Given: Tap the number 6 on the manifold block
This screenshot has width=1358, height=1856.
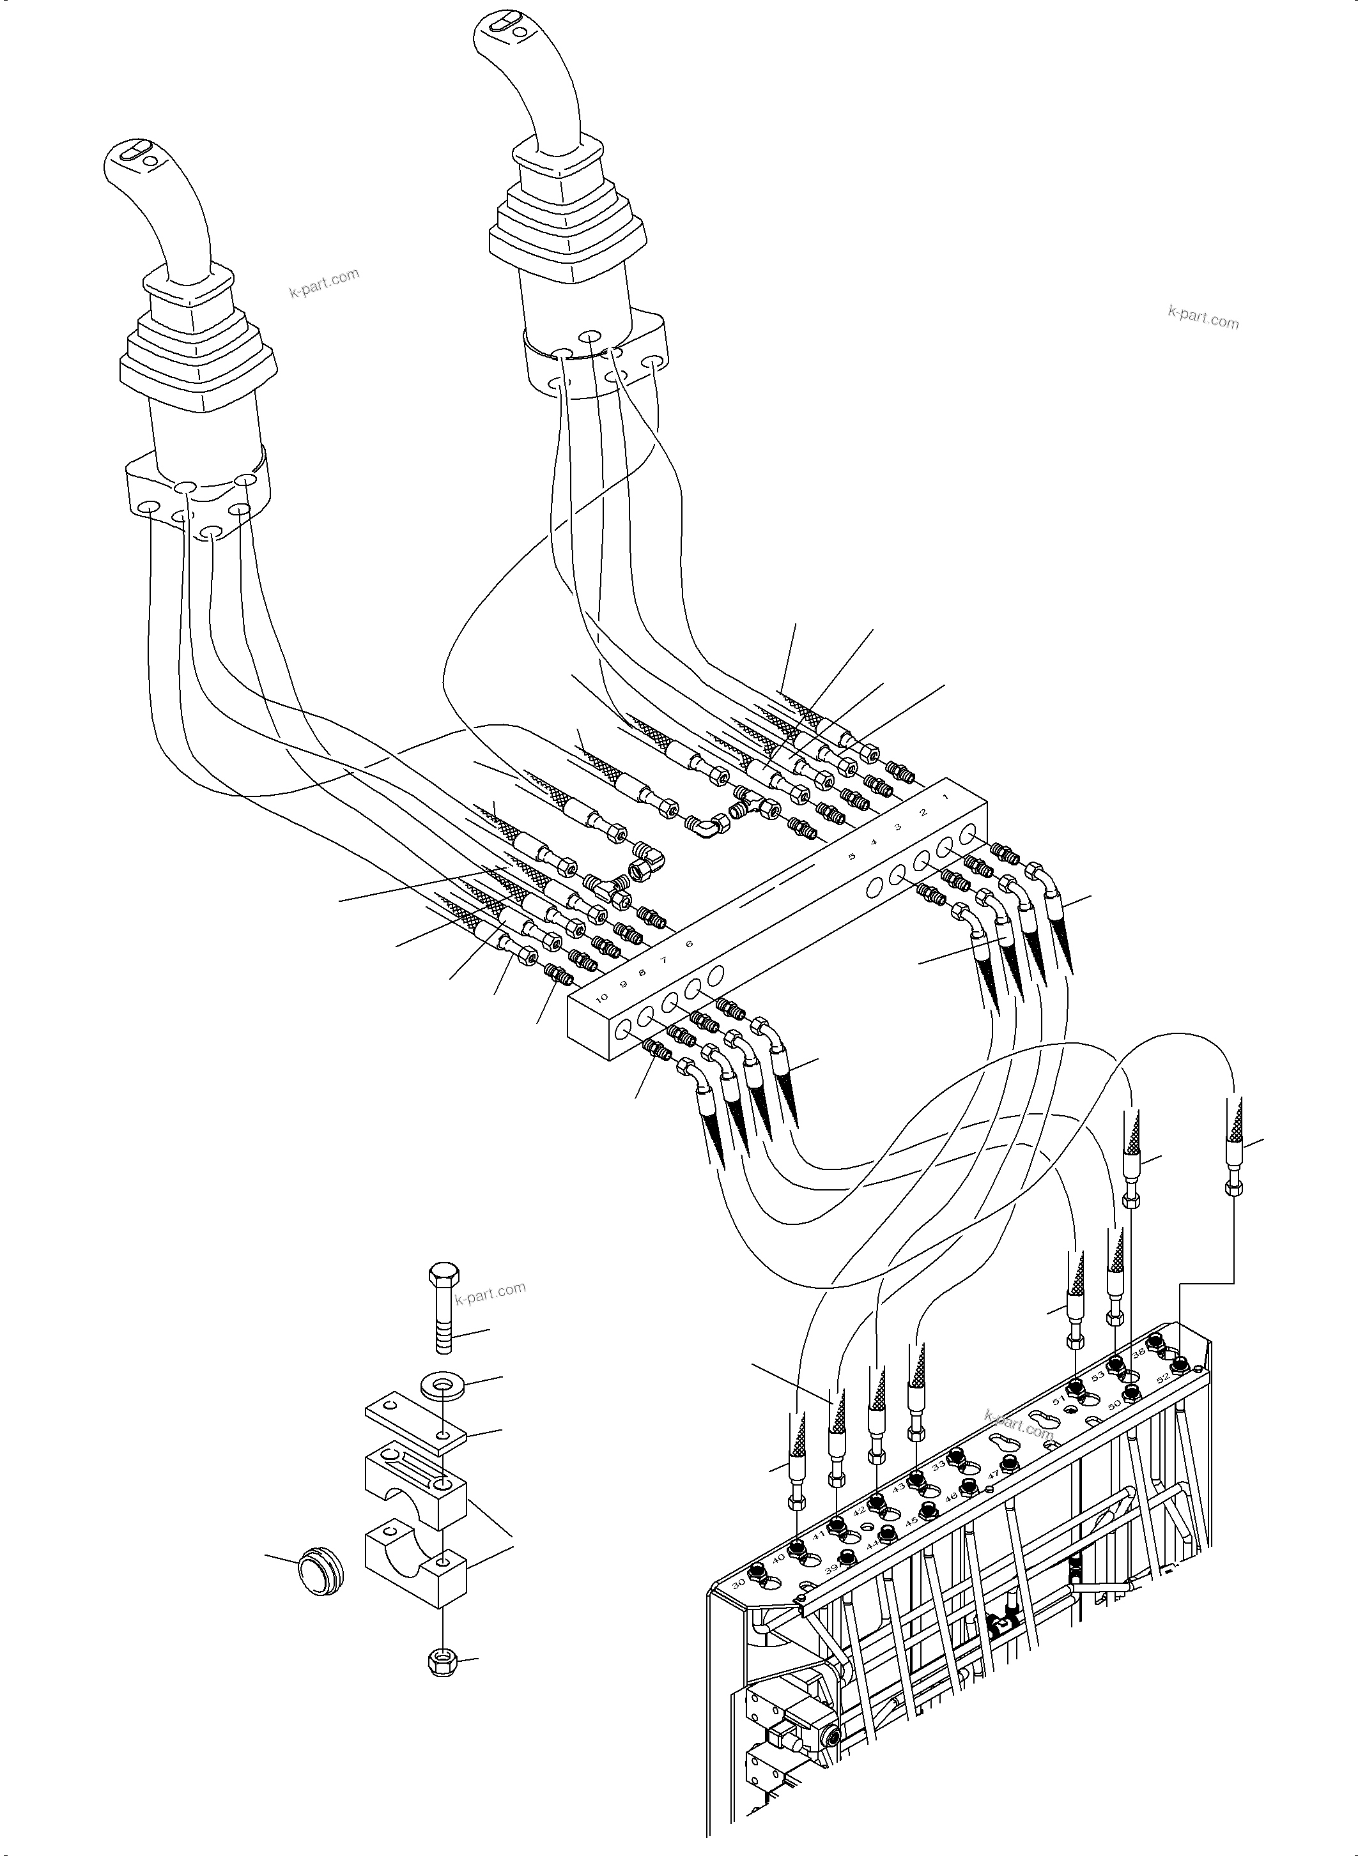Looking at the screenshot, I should tap(689, 944).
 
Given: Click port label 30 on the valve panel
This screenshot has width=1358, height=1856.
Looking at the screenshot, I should tap(738, 1583).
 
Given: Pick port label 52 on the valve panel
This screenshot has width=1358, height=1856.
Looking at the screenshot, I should tap(1163, 1378).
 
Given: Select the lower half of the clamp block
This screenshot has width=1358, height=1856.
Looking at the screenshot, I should tap(415, 1565).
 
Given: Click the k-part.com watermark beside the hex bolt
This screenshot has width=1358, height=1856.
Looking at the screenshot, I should tap(490, 1293).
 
